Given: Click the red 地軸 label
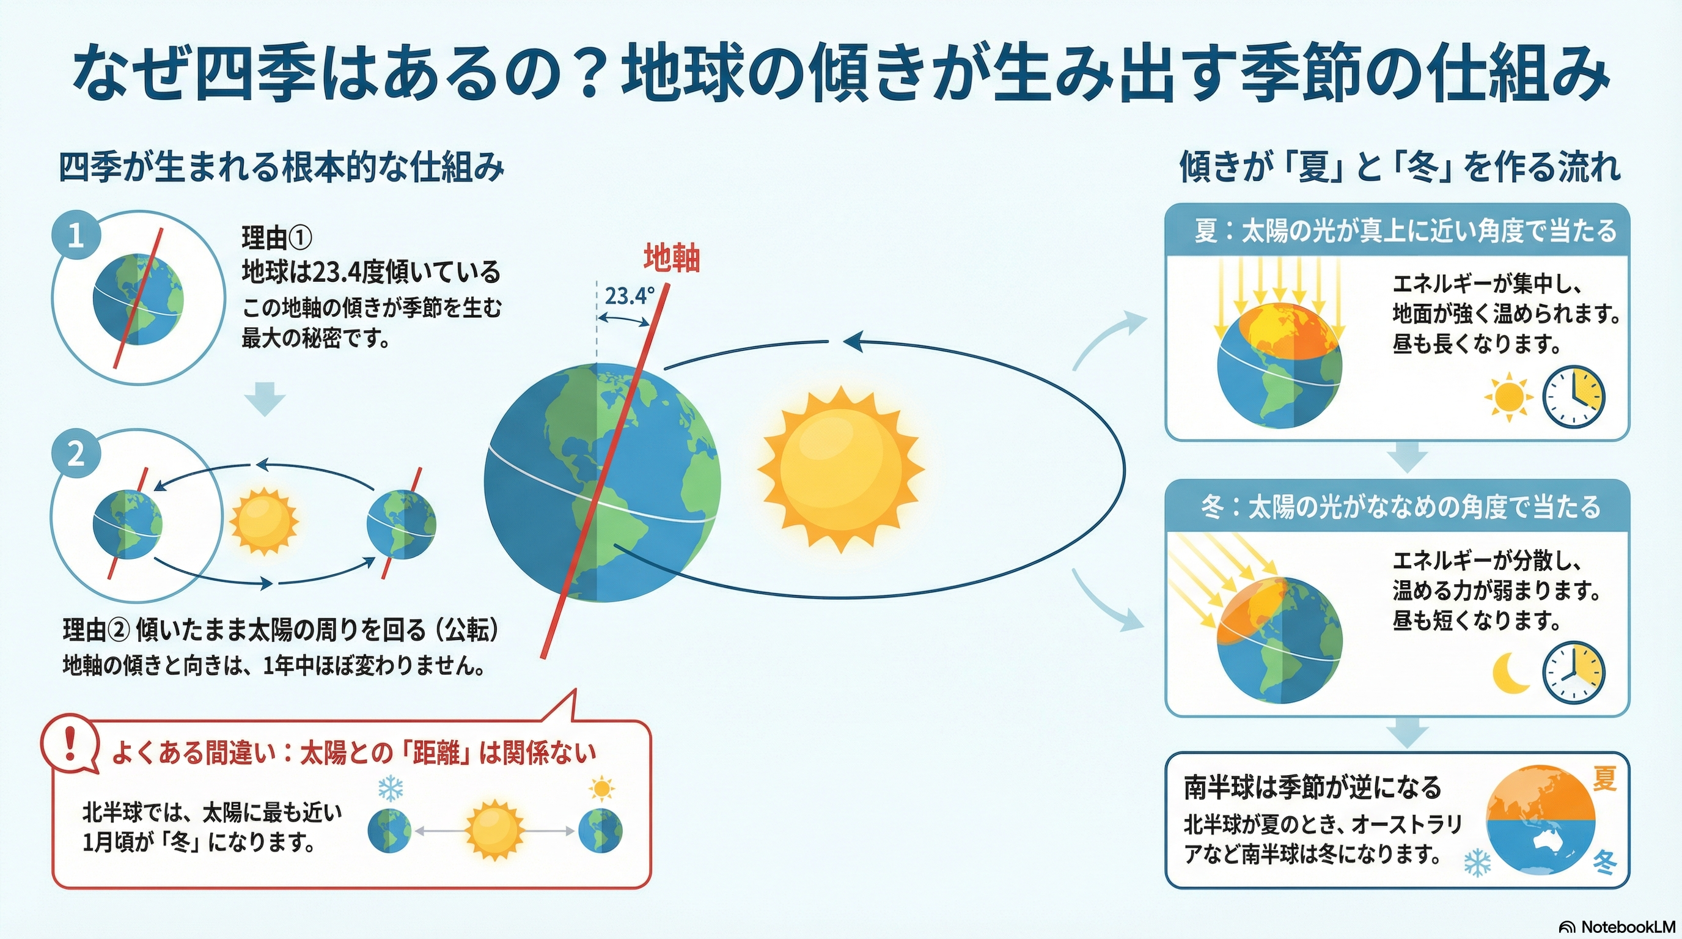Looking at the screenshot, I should click(672, 258).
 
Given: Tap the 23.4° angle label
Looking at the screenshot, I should click(629, 296).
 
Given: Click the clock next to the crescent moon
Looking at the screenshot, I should click(1573, 672).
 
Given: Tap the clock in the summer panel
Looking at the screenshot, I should click(1573, 397).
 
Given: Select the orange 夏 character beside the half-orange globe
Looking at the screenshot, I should click(1604, 779).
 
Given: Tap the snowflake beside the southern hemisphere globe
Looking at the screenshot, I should click(1477, 863).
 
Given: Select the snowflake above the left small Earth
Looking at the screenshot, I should click(391, 789).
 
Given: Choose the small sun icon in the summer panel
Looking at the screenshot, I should click(1508, 396).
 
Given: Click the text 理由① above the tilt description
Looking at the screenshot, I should click(277, 238).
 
